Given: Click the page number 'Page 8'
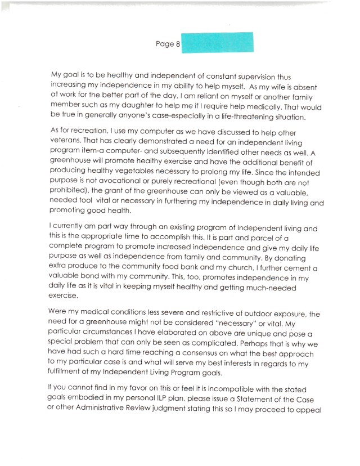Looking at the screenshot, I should click(167, 44).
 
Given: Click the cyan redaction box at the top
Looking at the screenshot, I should click(217, 43).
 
